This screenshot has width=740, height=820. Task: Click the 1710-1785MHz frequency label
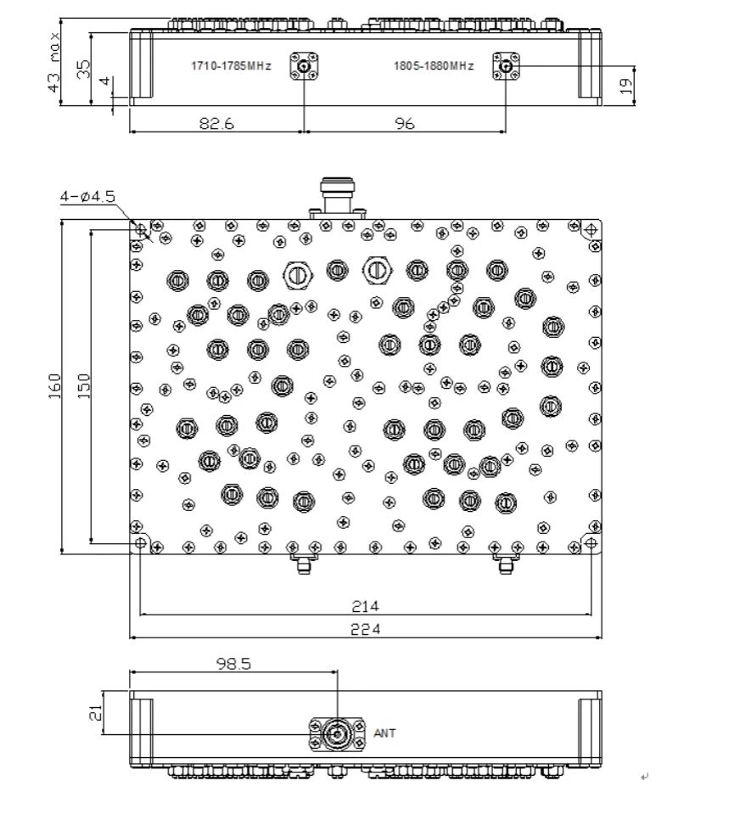[231, 66]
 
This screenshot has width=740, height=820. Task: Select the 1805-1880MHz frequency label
[434, 66]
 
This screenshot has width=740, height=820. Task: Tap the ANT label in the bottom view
[384, 733]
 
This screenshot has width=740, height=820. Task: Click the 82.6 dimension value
[216, 123]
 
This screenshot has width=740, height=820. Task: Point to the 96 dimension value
[405, 123]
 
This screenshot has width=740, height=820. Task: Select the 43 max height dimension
[53, 62]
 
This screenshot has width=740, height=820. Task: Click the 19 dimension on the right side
[626, 86]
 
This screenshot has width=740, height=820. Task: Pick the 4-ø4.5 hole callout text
[87, 197]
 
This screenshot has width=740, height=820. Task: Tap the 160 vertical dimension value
[54, 386]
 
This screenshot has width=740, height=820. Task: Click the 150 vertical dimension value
[84, 386]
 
